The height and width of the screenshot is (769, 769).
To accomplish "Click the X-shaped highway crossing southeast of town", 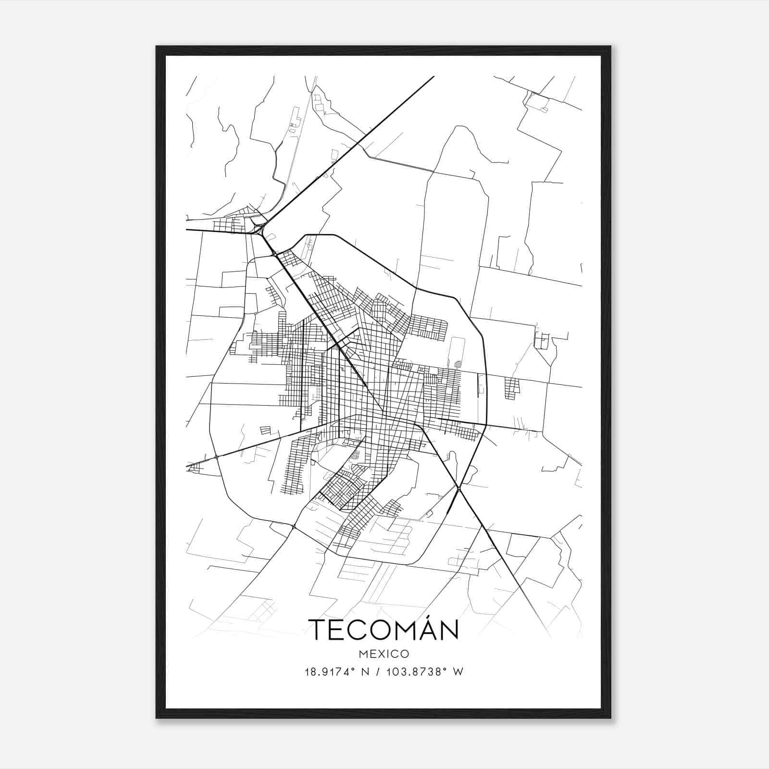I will (x=459, y=489).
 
